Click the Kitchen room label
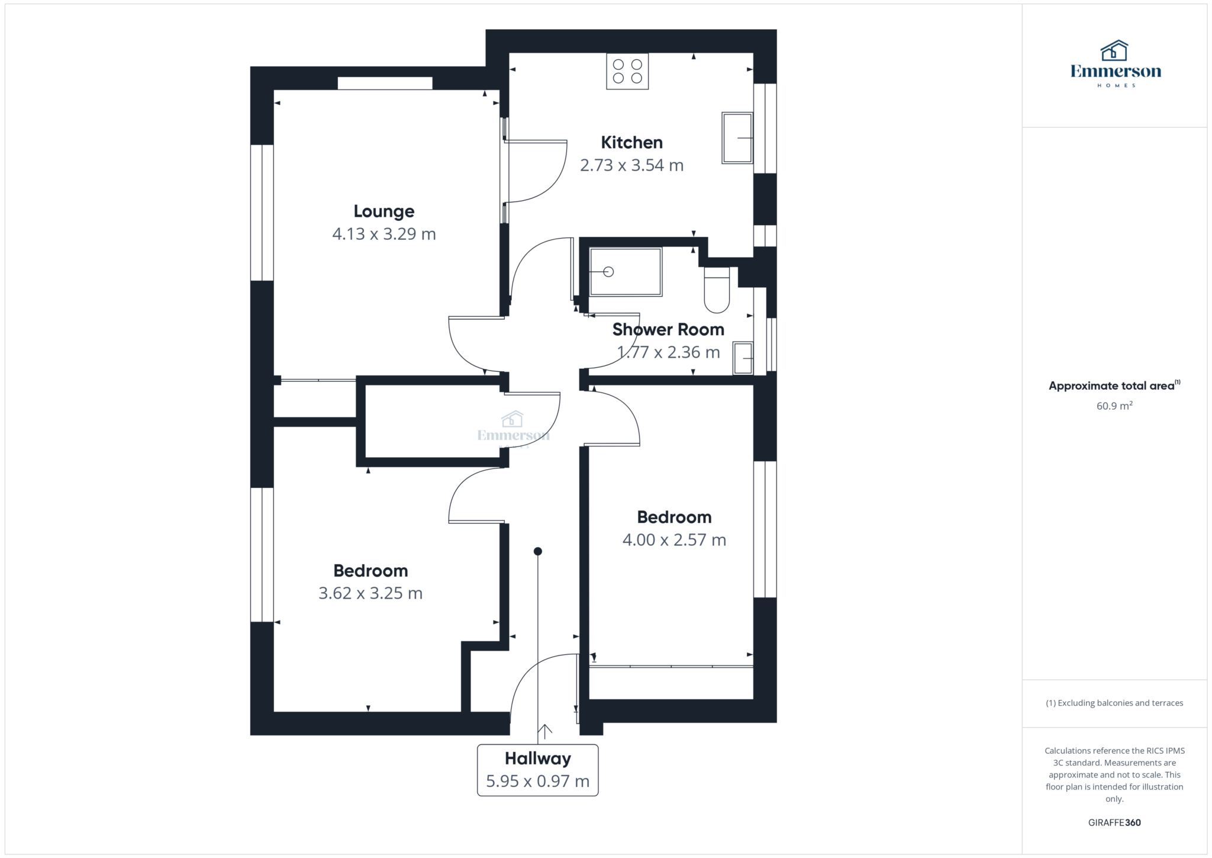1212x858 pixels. (x=631, y=142)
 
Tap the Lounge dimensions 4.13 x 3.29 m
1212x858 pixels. (x=383, y=234)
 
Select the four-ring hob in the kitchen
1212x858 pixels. (x=627, y=72)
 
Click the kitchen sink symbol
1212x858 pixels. (x=737, y=138)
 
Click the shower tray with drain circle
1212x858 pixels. (x=626, y=272)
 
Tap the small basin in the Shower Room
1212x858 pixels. (x=743, y=358)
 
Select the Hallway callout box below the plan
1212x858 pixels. (x=537, y=770)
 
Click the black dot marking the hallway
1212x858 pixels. (x=537, y=551)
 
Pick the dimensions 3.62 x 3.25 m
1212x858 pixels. (x=370, y=593)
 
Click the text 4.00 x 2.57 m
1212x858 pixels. (x=674, y=540)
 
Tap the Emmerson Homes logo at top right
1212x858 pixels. (x=1115, y=64)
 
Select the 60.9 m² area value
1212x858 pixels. (x=1114, y=406)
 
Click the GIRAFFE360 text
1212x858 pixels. (x=1114, y=822)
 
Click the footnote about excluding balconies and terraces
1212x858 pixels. (x=1114, y=703)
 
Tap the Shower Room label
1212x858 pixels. (x=668, y=329)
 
